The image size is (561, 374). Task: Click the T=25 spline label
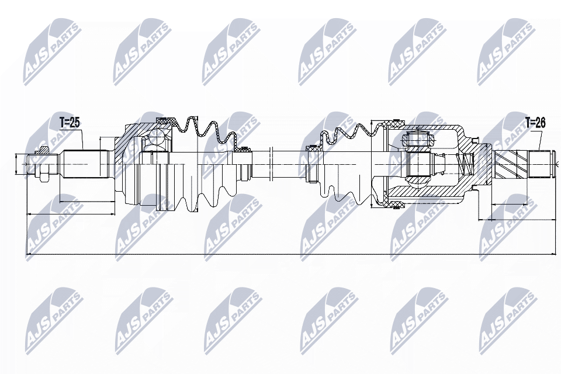pyautogui.click(x=70, y=123)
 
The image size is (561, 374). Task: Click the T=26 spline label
pyautogui.click(x=535, y=123)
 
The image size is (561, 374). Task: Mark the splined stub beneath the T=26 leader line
pyautogui.click(x=539, y=164)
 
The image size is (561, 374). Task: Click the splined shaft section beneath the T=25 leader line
pyautogui.click(x=85, y=164)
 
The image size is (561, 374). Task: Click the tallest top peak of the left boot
pyautogui.click(x=193, y=117)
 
